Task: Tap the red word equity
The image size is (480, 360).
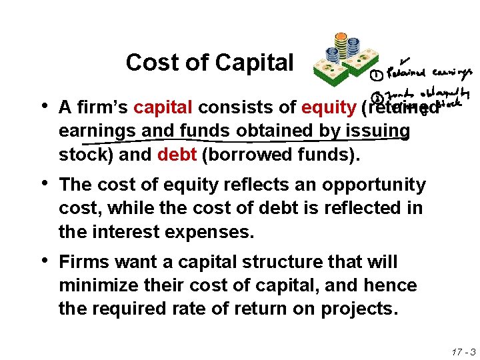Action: click(x=329, y=107)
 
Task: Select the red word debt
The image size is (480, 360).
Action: click(x=177, y=155)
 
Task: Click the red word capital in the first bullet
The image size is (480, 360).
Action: click(x=163, y=107)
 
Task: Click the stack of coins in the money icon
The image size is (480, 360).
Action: click(x=341, y=50)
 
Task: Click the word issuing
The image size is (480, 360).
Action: click(x=377, y=131)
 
